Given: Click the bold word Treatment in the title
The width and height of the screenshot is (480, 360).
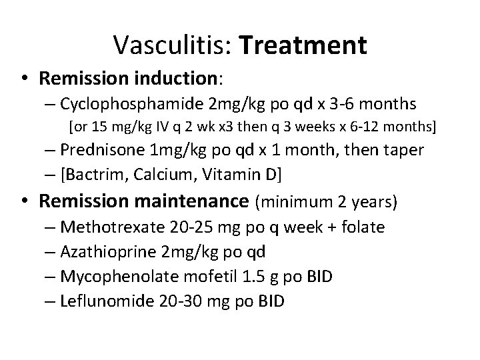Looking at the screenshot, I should click(x=303, y=45).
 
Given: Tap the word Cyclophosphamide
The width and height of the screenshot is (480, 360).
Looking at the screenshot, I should click(x=133, y=104).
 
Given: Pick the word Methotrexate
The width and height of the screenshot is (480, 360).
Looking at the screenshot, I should click(x=109, y=227).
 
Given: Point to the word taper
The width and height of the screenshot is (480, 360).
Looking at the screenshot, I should click(x=402, y=150).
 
